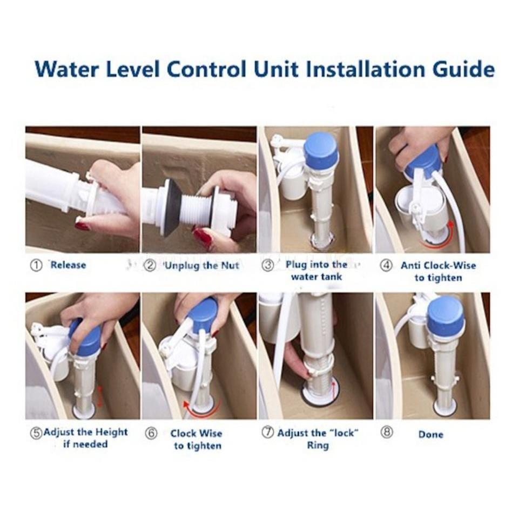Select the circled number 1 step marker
[36, 265]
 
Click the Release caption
[68, 265]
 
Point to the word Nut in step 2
[230, 265]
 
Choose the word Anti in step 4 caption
[410, 265]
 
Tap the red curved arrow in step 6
[201, 410]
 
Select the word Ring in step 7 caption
[318, 446]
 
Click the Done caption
[430, 434]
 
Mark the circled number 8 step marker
[387, 433]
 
